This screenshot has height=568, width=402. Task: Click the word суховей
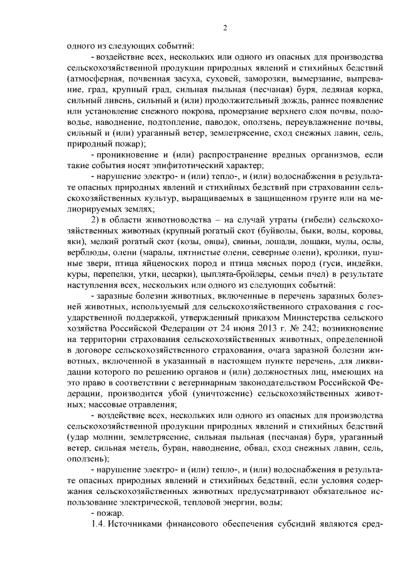[241, 80]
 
